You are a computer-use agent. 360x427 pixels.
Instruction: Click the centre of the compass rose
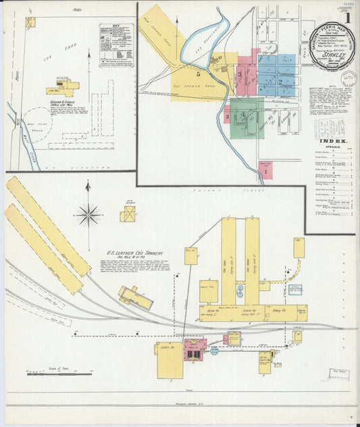click(x=88, y=216)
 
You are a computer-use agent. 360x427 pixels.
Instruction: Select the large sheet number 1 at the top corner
click(x=349, y=11)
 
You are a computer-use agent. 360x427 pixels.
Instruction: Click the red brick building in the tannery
click(x=195, y=349)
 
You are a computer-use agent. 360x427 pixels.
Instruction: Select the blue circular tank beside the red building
click(x=214, y=351)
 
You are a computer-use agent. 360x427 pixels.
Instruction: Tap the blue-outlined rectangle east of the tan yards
click(x=294, y=290)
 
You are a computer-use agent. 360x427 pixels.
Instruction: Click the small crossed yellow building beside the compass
click(x=128, y=215)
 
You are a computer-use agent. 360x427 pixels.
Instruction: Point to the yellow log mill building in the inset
click(x=63, y=88)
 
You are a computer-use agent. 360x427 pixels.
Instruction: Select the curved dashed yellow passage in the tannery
click(x=284, y=273)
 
